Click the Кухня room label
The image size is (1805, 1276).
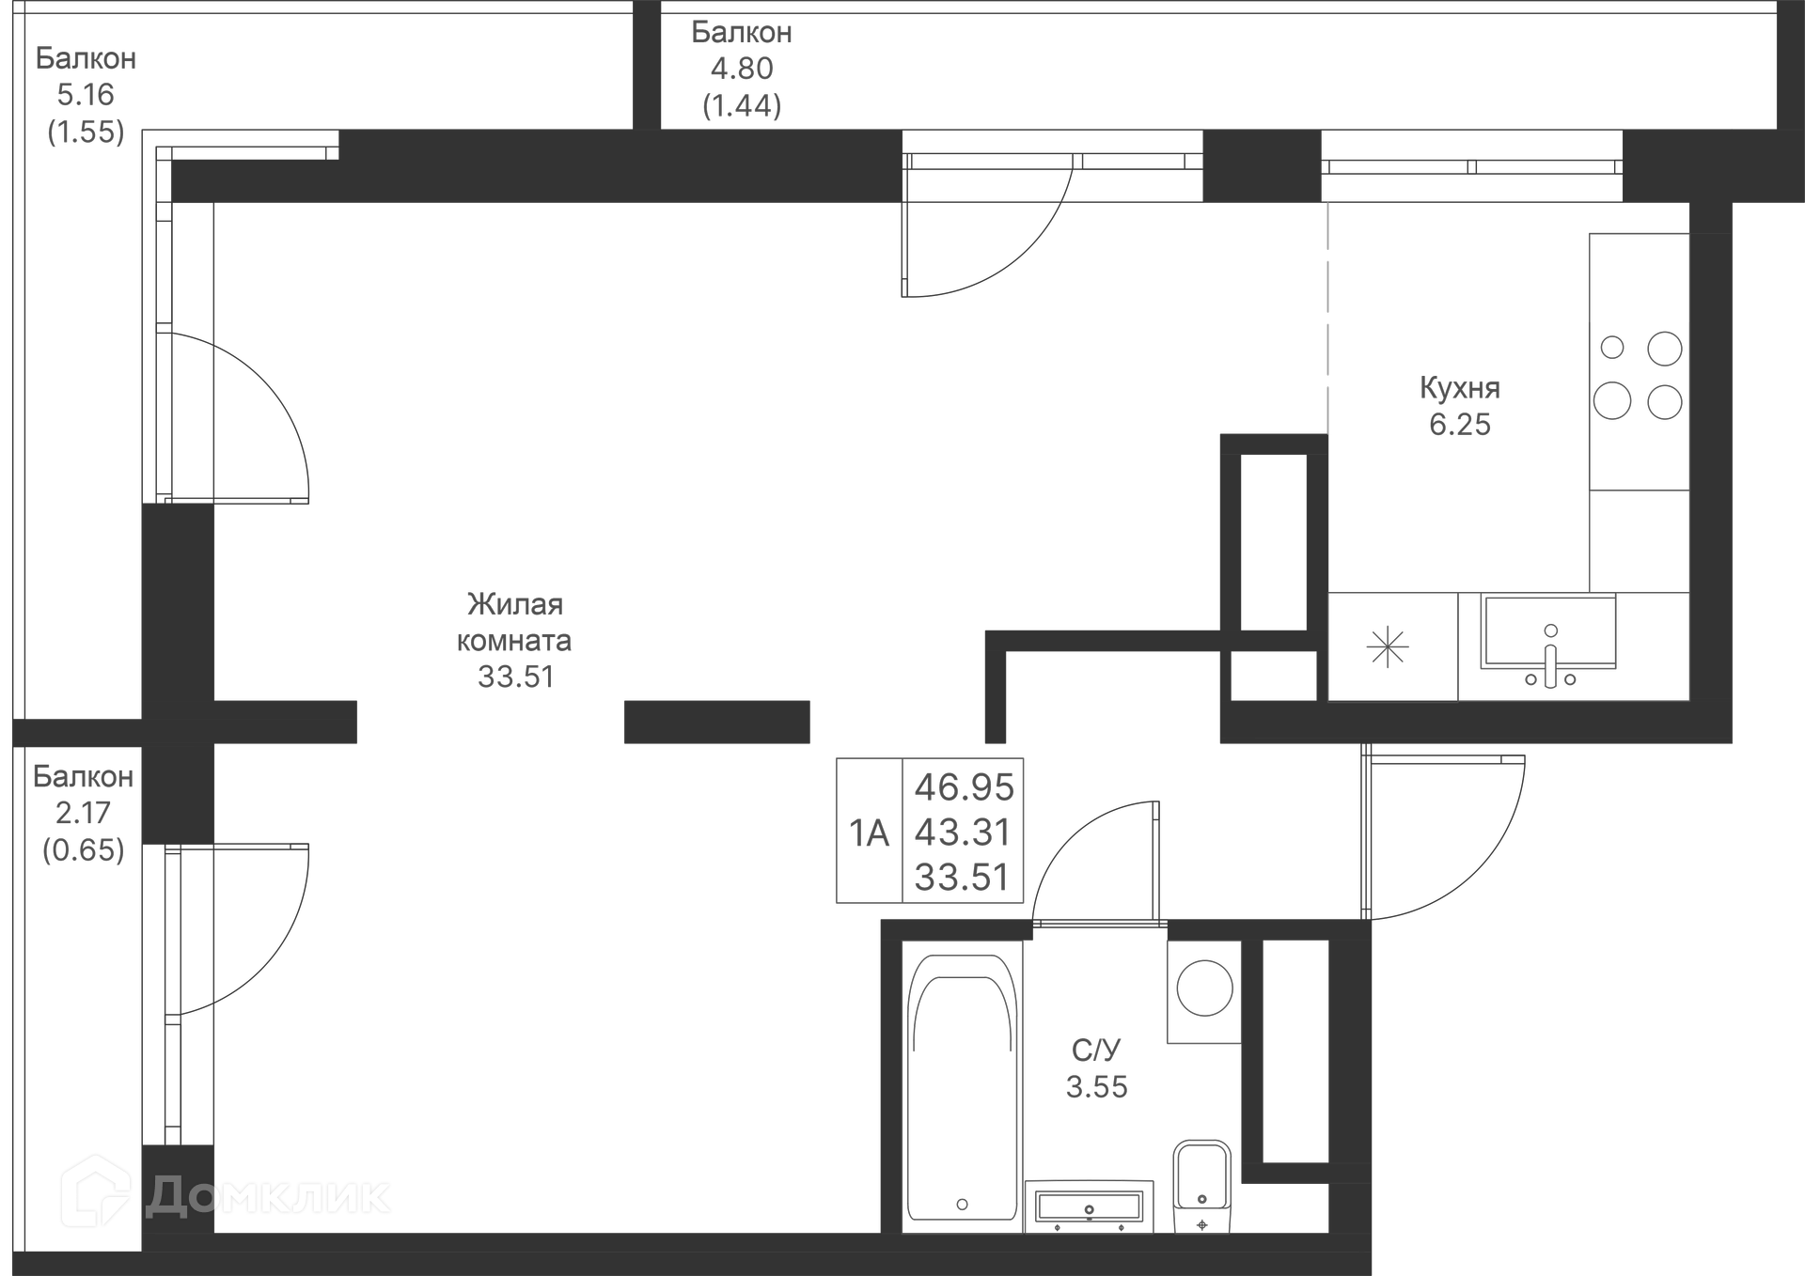(x=1459, y=388)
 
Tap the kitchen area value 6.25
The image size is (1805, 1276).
(x=1459, y=425)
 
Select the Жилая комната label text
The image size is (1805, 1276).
(x=514, y=622)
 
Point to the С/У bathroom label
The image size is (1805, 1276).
(x=1096, y=1050)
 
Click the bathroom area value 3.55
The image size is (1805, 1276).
(x=1096, y=1087)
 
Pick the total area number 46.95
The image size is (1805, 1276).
(x=964, y=787)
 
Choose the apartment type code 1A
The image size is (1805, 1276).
(x=869, y=833)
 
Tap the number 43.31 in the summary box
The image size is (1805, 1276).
(x=963, y=833)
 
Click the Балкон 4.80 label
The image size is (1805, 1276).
(x=742, y=32)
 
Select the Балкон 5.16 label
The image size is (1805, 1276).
(x=86, y=58)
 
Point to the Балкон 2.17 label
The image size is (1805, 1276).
(x=83, y=776)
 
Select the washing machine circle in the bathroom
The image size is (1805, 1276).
(x=1204, y=988)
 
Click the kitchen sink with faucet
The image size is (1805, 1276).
(x=1549, y=639)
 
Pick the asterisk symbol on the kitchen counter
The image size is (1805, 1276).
(x=1389, y=648)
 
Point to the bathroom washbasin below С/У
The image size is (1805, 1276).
(x=1089, y=1206)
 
